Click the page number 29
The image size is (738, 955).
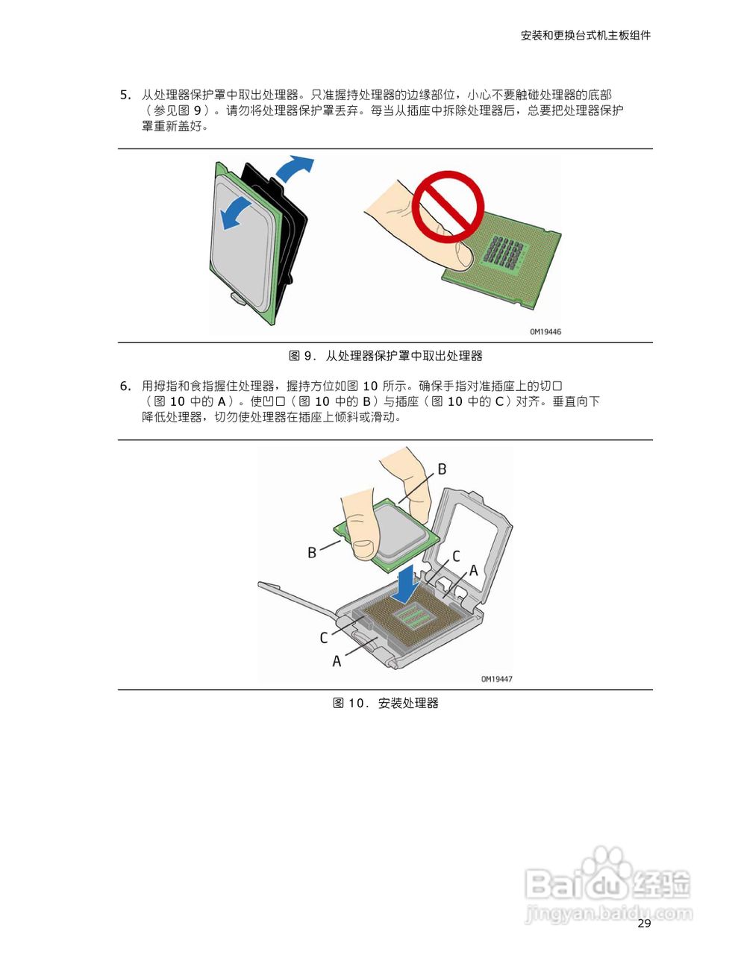[x=645, y=924]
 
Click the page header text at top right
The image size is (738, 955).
[x=585, y=35]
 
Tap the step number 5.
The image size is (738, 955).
[x=125, y=95]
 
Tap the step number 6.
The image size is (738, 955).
[x=125, y=386]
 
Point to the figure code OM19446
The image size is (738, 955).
[x=545, y=332]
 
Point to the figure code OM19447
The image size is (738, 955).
[x=496, y=679]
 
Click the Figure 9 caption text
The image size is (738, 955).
[x=385, y=356]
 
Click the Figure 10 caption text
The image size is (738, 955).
[x=385, y=703]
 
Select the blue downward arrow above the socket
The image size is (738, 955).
[x=406, y=583]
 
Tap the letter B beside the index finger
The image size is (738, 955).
[x=442, y=469]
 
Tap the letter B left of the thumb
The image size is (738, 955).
[x=312, y=553]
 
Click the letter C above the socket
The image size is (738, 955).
[x=456, y=556]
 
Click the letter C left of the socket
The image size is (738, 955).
[x=324, y=638]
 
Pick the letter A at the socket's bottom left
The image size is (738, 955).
[x=337, y=661]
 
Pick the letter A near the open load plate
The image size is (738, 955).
[x=473, y=571]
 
